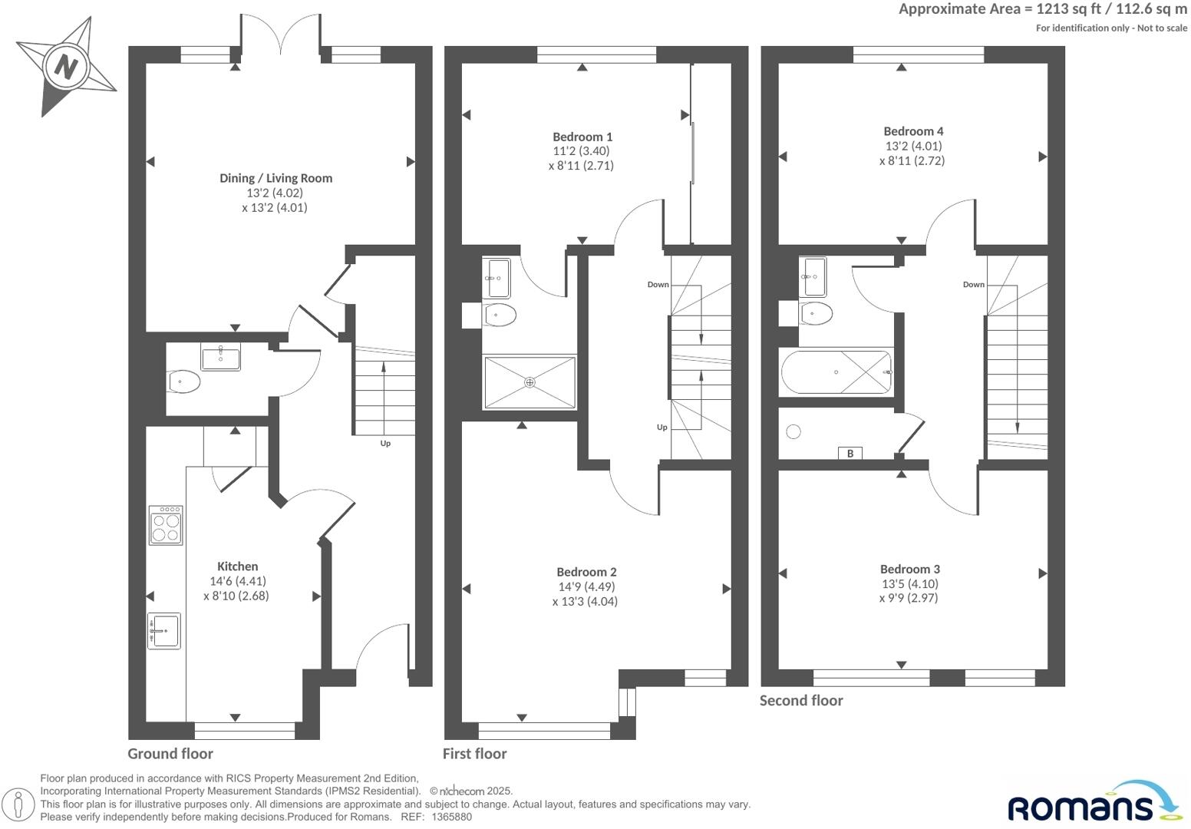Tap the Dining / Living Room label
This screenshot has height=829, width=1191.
pos(275,178)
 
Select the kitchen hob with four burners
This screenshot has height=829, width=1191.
pos(166,525)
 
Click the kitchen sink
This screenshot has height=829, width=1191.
pos(163,631)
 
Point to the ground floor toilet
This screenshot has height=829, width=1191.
pos(184,381)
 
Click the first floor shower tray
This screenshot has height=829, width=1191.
pos(530,382)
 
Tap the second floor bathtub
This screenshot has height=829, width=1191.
pos(836,372)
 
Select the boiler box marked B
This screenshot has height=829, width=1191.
pos(850,453)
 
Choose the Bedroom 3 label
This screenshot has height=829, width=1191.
pos(909,569)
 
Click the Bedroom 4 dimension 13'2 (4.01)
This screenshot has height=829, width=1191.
pos(913,146)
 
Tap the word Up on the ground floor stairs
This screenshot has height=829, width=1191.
pos(385,443)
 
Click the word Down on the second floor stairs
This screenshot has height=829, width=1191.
pos(973,284)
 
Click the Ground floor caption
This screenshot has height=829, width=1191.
pos(170,754)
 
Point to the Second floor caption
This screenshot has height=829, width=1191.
pos(801,700)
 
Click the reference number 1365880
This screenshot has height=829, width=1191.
pos(452,817)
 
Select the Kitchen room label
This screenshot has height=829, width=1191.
pos(237,566)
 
